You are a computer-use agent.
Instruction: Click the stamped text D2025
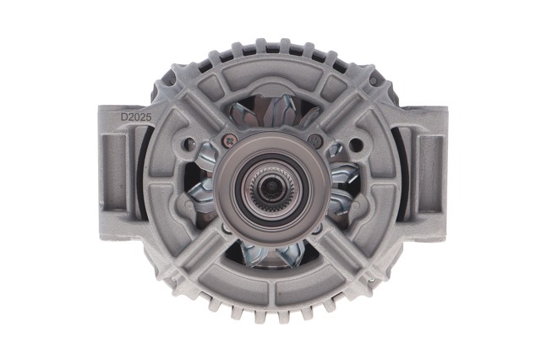point(136,117)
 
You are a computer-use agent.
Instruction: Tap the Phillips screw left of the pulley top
point(229,140)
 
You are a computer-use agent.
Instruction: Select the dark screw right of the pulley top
point(314,140)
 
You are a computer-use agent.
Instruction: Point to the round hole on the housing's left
point(189,142)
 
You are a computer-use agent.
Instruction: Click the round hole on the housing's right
point(354,143)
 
